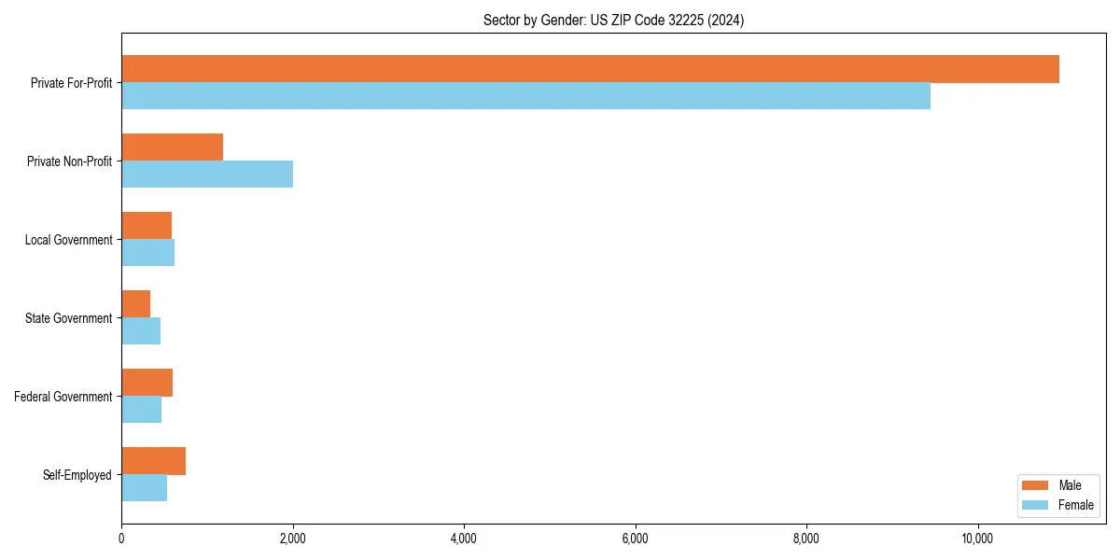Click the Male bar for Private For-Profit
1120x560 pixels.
point(590,69)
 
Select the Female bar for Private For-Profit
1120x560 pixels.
point(525,96)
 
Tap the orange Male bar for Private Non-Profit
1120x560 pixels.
point(172,147)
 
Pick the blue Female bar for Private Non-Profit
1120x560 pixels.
point(207,175)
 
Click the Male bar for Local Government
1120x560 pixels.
point(147,226)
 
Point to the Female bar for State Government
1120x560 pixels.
point(141,331)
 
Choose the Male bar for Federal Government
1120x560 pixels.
point(147,383)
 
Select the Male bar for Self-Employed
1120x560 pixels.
point(153,461)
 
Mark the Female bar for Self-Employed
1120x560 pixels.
point(144,488)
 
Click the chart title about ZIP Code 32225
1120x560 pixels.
point(613,20)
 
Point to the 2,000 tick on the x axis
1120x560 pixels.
point(292,539)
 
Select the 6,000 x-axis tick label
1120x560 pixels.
point(635,539)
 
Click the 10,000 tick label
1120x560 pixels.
point(977,539)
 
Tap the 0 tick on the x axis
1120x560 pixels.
point(121,539)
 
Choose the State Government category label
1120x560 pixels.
point(68,318)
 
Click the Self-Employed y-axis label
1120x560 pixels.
point(77,475)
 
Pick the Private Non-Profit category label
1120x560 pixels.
point(69,161)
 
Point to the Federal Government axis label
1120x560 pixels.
point(63,397)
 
